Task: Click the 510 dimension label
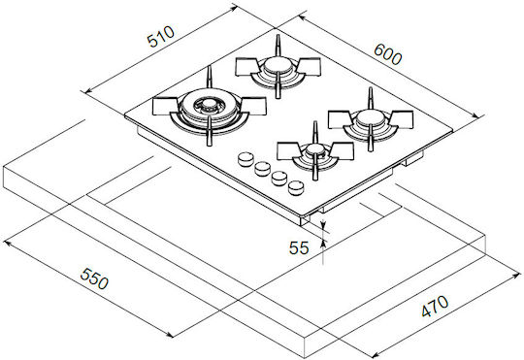(x=161, y=36)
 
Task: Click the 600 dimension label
(x=387, y=54)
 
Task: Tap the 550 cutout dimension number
(x=94, y=278)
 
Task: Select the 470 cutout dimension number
(x=435, y=306)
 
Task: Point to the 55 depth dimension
(x=299, y=248)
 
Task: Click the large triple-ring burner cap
(x=210, y=105)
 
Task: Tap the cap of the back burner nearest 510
(x=278, y=66)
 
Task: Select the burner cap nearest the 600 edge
(x=371, y=117)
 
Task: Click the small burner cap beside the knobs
(x=313, y=149)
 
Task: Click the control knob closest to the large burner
(x=246, y=159)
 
